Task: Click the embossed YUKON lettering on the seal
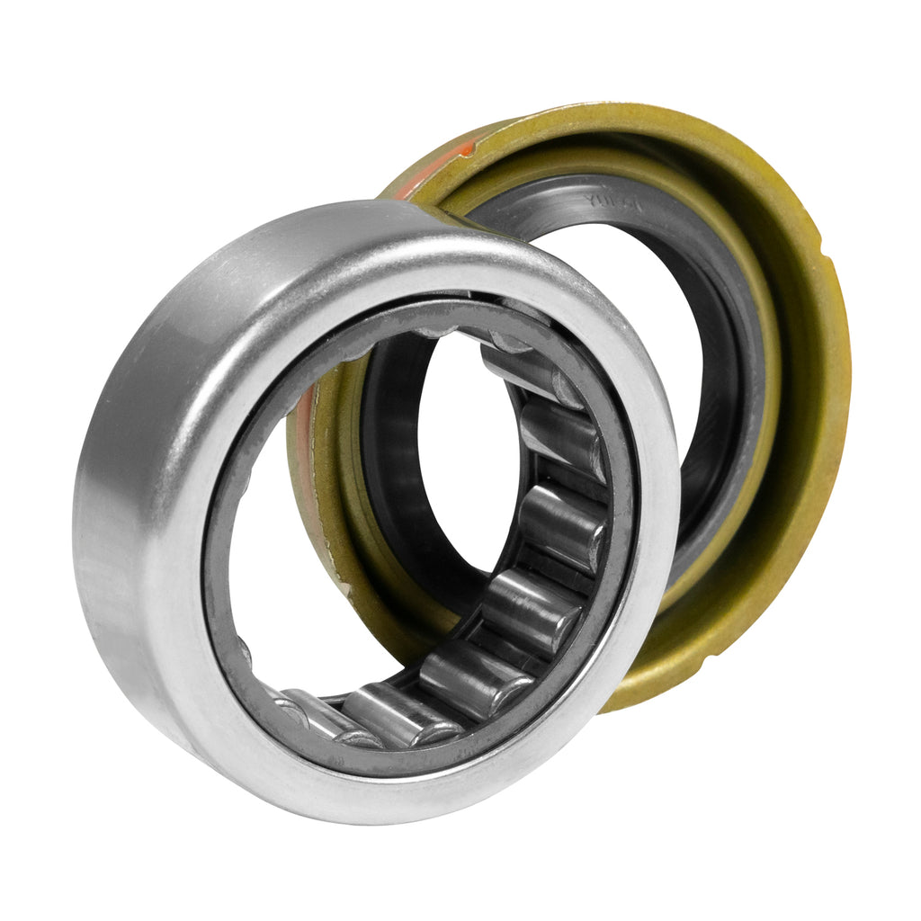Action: (612, 203)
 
